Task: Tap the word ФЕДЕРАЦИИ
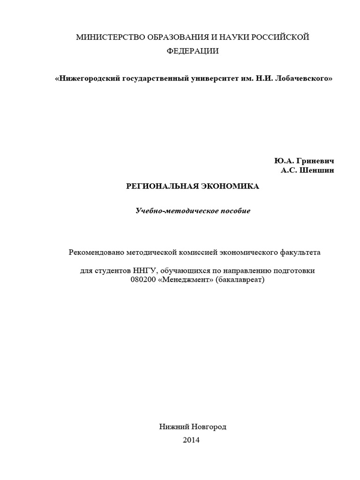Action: pyautogui.click(x=193, y=51)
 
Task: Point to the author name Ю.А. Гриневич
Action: pyautogui.click(x=305, y=161)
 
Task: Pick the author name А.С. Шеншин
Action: pyautogui.click(x=308, y=171)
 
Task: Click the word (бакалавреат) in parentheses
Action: pyautogui.click(x=240, y=280)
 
